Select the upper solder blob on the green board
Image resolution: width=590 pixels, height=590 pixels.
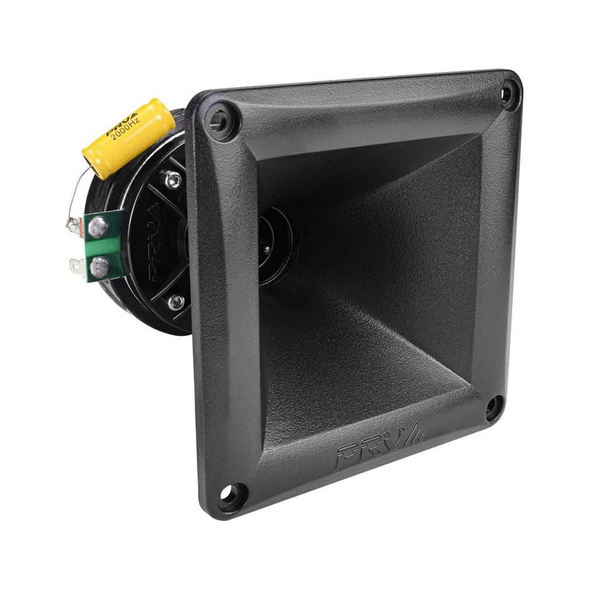[x=99, y=226]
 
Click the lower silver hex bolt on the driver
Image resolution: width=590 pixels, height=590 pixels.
[x=176, y=301]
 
